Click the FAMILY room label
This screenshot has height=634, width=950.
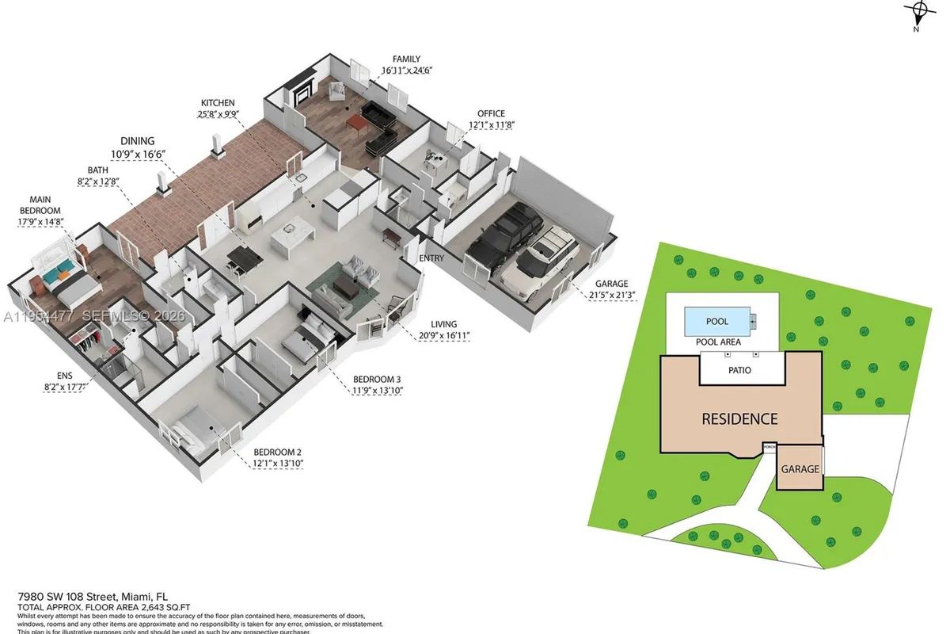coord(406,59)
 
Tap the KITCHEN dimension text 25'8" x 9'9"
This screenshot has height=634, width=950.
coord(220,114)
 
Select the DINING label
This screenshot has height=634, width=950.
coord(138,140)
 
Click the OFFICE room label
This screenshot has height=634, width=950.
coord(491,113)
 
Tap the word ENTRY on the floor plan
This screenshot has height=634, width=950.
coord(431,258)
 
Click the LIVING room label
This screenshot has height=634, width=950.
coord(443,324)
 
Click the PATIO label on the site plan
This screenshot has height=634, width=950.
coord(739,370)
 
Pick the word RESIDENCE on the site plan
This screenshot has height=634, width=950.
coord(739,418)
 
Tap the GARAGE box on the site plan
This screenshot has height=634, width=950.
coord(800,468)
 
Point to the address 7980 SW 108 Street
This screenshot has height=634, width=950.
coord(93,596)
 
